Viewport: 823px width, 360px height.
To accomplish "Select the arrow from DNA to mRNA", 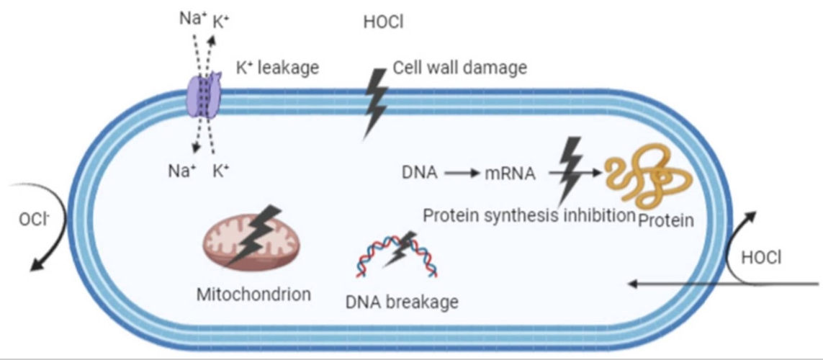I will coord(462,173).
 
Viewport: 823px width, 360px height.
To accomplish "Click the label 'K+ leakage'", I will coord(277,69).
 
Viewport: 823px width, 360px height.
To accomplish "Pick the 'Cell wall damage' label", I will coord(459,68).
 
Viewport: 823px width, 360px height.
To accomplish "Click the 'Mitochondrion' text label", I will coord(253,294).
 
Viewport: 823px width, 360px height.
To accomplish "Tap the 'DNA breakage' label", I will coord(402,302).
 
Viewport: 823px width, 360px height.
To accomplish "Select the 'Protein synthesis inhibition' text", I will coord(528,215).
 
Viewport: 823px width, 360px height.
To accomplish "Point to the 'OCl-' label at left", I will coord(32,219).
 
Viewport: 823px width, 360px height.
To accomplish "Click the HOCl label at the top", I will coord(383,22).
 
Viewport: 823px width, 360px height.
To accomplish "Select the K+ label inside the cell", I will coord(221,172).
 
